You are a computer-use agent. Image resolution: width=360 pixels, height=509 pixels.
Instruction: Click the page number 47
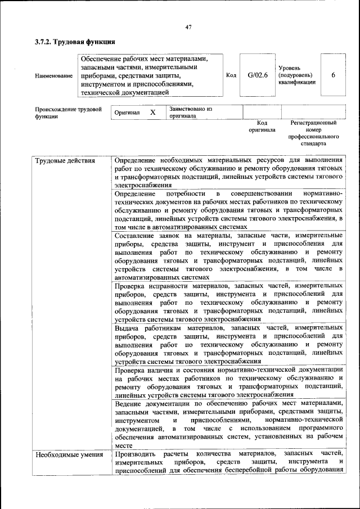[188, 27]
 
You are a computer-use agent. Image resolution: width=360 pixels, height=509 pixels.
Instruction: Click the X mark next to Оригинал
[152, 112]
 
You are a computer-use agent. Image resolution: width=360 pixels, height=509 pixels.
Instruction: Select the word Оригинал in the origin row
[127, 112]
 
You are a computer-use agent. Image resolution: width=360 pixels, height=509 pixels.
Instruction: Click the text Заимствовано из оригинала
[191, 112]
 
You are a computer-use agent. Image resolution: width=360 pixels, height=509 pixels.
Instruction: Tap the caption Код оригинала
[262, 126]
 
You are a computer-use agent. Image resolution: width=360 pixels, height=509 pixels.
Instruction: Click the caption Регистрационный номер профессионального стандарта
[313, 133]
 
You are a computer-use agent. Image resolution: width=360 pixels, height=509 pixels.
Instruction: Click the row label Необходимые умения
[61, 454]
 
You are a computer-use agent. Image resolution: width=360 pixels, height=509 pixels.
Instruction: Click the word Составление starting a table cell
[136, 235]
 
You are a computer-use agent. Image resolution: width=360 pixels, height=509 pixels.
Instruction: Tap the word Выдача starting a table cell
[127, 327]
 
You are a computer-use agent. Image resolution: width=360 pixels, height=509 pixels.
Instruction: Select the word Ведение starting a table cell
[129, 404]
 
